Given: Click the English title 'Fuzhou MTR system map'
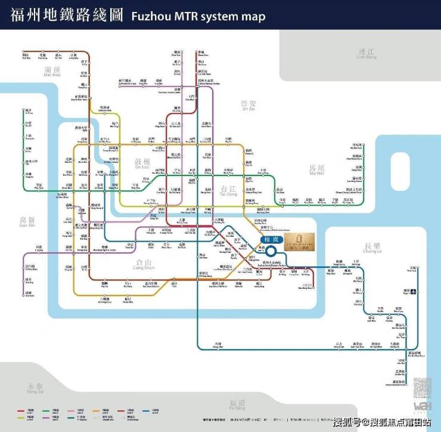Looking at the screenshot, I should (197, 16).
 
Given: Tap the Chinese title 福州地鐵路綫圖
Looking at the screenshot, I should (64, 15).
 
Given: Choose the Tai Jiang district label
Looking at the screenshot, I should (228, 190).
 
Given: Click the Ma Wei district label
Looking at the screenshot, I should (316, 170).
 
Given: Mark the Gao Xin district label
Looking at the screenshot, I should (27, 222).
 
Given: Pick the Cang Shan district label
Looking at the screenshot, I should (144, 265).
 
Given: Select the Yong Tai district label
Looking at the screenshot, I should (35, 388).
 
